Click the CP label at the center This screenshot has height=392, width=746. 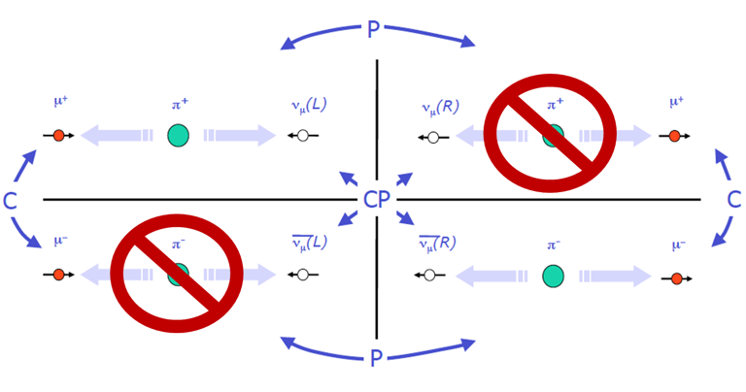coord(376,200)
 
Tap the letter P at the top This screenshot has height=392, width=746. coord(374,29)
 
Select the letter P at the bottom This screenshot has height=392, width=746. coord(376,359)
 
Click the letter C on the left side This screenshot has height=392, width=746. coord(11,201)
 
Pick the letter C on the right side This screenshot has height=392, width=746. coord(734,199)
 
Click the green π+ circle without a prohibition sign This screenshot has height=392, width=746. coord(178,136)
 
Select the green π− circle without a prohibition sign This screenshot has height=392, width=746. coord(553,276)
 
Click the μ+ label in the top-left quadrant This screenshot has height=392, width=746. coord(59,100)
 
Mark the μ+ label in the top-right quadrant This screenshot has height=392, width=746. coord(676,101)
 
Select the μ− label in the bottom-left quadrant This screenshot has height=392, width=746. coord(59,241)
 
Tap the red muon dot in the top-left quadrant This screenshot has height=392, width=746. coord(58,136)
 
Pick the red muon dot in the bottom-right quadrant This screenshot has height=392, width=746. coord(677,278)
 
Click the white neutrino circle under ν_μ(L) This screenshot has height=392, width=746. coord(303,137)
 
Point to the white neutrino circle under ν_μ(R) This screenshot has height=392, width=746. coord(433,137)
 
